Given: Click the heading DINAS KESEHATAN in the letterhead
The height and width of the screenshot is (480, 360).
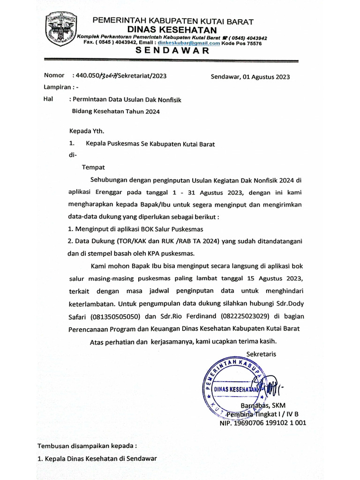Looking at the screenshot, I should click(173, 30).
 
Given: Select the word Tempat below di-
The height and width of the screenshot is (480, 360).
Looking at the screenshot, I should click(93, 167).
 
